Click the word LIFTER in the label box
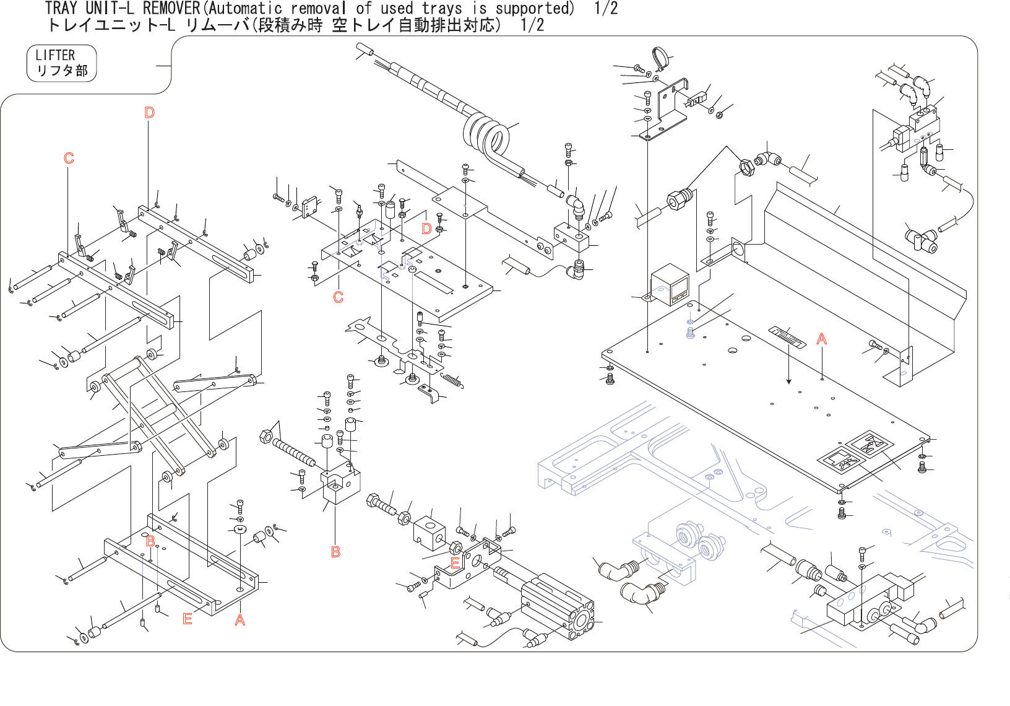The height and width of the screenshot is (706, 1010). point(55,55)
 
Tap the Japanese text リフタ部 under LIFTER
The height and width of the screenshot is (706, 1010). point(62,71)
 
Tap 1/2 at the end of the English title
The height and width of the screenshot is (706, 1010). point(606,8)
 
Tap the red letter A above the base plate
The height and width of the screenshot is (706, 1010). point(821,339)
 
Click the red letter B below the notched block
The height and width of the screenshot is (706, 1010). point(335,551)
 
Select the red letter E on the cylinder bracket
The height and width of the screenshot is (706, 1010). point(455,563)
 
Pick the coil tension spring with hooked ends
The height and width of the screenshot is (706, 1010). point(452,380)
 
